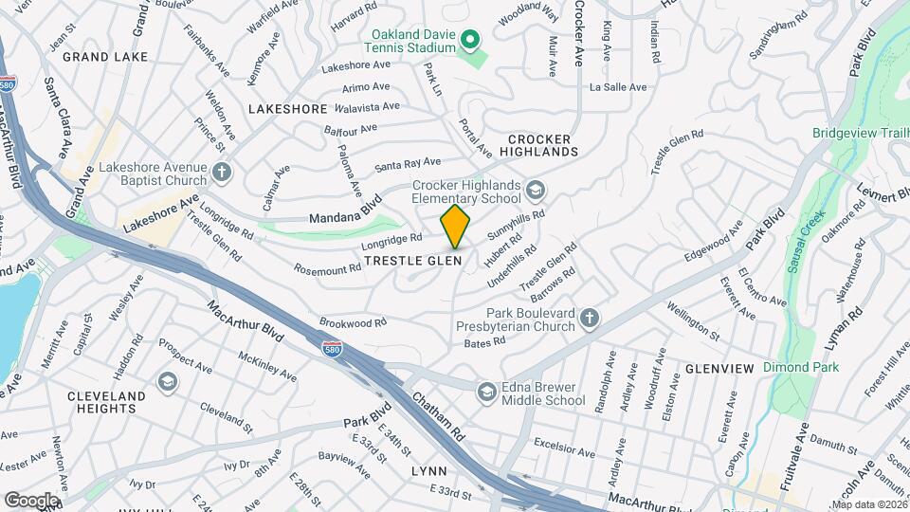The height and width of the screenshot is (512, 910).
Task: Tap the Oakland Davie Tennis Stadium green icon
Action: point(468,40)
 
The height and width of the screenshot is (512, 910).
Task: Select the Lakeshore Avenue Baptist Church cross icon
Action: point(222,173)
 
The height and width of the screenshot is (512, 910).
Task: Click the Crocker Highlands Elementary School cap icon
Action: point(536,192)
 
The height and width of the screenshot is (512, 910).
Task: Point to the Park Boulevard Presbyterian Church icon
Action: point(589,319)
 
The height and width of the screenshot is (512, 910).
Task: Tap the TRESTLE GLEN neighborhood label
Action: point(426,260)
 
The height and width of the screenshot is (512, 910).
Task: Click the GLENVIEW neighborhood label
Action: point(719,368)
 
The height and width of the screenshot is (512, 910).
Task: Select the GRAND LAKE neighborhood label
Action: point(105,57)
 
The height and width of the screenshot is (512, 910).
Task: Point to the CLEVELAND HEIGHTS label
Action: point(107,402)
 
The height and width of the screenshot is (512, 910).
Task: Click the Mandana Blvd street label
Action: point(345,210)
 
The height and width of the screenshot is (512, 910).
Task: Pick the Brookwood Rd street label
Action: point(354,323)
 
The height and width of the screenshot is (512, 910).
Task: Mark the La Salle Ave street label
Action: point(617,87)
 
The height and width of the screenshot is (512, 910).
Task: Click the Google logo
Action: point(31,500)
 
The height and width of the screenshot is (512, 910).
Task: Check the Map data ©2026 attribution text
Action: point(869,504)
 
